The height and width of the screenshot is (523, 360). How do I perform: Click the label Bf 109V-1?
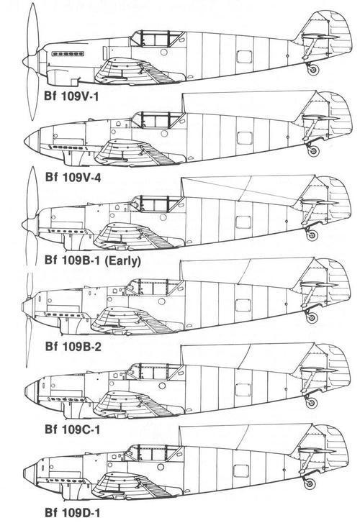pyautogui.click(x=72, y=96)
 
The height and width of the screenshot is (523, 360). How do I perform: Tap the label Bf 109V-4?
pyautogui.click(x=73, y=178)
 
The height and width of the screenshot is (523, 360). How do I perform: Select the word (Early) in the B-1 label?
pyautogui.click(x=122, y=261)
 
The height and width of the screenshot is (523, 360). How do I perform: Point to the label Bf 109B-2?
pyautogui.click(x=73, y=347)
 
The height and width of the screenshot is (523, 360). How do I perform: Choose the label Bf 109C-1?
pyautogui.click(x=73, y=429)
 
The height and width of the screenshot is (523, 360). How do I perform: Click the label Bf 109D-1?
pyautogui.click(x=73, y=513)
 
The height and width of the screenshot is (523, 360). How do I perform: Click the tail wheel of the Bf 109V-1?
pyautogui.click(x=313, y=70)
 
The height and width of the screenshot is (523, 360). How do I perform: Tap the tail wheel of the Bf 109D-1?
pyautogui.click(x=310, y=483)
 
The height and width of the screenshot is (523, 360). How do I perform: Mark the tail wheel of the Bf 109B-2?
pyautogui.click(x=312, y=318)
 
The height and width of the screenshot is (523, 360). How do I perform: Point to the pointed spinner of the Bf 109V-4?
pyautogui.click(x=32, y=140)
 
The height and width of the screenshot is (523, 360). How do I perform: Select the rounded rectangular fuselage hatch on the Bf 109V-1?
pyautogui.click(x=244, y=56)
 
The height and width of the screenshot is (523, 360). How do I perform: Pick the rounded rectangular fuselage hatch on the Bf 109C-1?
pyautogui.click(x=243, y=389)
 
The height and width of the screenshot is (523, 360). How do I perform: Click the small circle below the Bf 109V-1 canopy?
pyautogui.click(x=164, y=52)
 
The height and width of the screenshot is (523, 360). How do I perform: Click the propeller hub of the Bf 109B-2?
pyautogui.click(x=27, y=306)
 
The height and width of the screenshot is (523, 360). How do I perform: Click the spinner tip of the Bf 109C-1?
pyautogui.click(x=25, y=390)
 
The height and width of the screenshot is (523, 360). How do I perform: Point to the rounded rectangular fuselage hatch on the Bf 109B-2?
pyautogui.click(x=243, y=306)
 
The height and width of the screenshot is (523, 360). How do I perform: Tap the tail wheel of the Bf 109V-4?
pyautogui.click(x=313, y=151)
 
